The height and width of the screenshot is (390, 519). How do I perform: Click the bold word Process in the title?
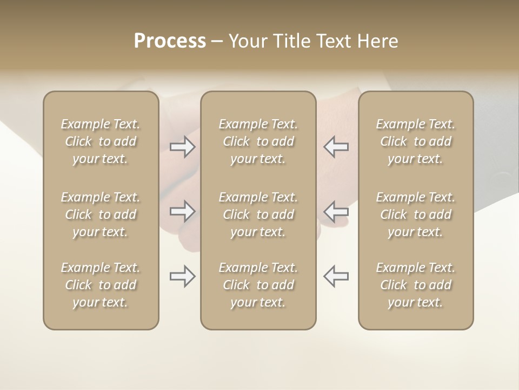coord(170,41)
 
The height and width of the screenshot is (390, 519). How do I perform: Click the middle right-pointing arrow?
coord(183,211)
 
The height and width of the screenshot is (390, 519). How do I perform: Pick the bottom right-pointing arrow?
coord(183,276)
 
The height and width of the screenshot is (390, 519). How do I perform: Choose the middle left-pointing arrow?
coord(336,211)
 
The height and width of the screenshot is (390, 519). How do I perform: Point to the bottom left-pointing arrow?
coord(336,276)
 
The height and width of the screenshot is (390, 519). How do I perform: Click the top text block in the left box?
coord(101,141)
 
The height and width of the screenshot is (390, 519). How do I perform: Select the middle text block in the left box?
coord(101,214)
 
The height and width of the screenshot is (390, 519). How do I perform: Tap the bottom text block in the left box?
coord(101,285)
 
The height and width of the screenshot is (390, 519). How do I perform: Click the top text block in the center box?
coord(258,141)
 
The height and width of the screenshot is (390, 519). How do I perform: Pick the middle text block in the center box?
coord(258,214)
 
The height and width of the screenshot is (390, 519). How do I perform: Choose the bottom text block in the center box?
coord(258,285)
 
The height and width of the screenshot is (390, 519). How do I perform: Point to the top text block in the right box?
coord(416,141)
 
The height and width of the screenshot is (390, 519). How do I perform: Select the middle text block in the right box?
coord(416,214)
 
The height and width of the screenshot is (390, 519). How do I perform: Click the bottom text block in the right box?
coord(416,285)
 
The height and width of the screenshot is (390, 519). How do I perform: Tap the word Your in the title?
coord(246,41)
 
